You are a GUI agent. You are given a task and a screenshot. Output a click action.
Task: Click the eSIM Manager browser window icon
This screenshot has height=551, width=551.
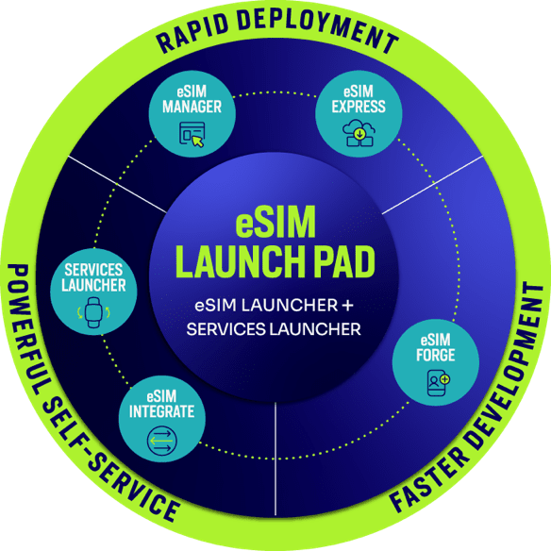tap(192, 134)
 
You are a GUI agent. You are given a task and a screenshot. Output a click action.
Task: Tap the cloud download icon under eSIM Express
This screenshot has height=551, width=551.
tap(359, 133)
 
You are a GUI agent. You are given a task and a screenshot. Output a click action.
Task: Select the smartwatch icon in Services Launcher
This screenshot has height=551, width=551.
tap(93, 312)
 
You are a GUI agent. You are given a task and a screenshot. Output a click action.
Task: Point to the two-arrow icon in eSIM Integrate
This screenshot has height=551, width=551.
tap(162, 441)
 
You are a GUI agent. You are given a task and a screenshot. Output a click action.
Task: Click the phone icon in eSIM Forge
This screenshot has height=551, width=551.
tap(438, 383)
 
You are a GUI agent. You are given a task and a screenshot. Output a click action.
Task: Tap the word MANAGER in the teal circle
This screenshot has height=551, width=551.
tap(192, 107)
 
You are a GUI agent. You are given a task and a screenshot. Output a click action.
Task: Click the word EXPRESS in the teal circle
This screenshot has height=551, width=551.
tap(359, 107)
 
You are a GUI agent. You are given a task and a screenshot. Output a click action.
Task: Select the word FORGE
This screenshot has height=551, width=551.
tap(436, 355)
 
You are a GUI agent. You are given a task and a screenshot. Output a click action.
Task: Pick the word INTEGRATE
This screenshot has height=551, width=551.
tap(161, 411)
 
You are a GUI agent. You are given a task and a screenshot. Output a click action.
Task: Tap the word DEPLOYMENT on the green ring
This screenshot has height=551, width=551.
tap(318, 29)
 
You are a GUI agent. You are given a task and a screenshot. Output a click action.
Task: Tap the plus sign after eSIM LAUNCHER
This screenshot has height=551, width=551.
tap(347, 306)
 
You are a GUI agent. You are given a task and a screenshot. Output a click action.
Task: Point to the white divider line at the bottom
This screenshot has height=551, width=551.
tap(275, 459)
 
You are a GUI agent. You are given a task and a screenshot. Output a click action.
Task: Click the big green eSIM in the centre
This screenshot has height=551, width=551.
tap(275, 222)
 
